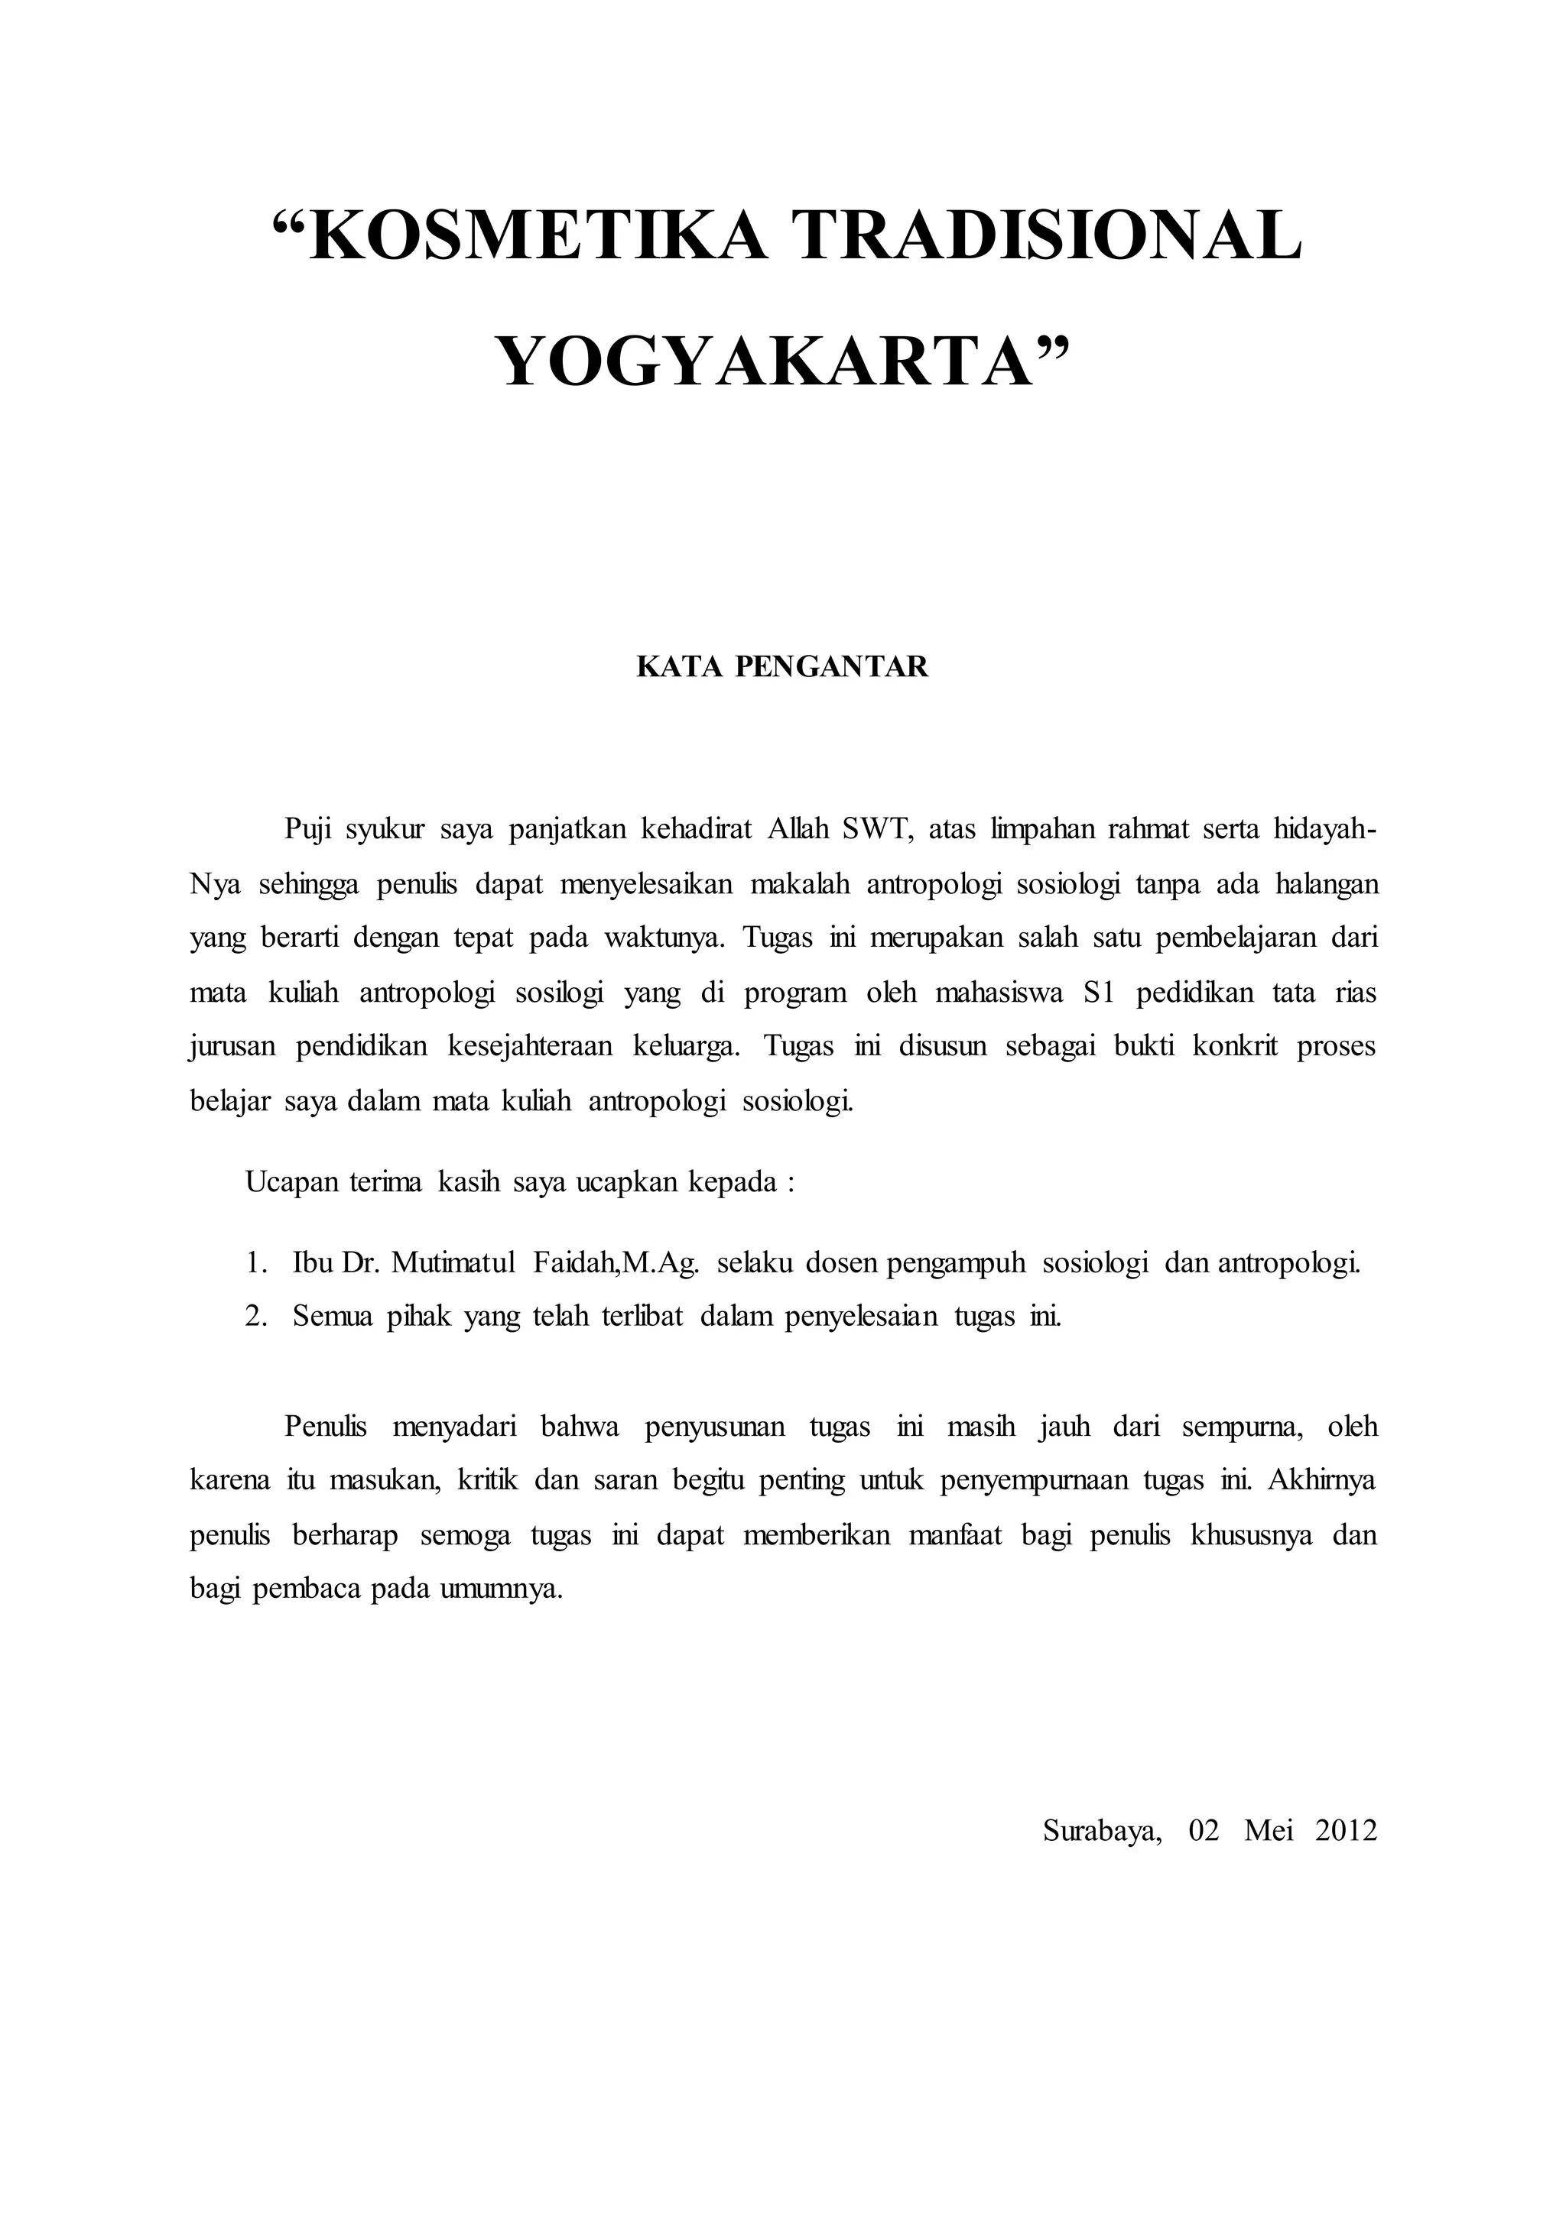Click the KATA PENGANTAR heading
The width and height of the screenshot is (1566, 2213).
click(782, 667)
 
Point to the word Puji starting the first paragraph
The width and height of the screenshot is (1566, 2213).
click(307, 830)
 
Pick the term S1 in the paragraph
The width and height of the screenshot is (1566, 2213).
click(1098, 993)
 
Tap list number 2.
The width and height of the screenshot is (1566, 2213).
click(254, 1317)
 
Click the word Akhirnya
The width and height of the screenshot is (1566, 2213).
click(1322, 1479)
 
